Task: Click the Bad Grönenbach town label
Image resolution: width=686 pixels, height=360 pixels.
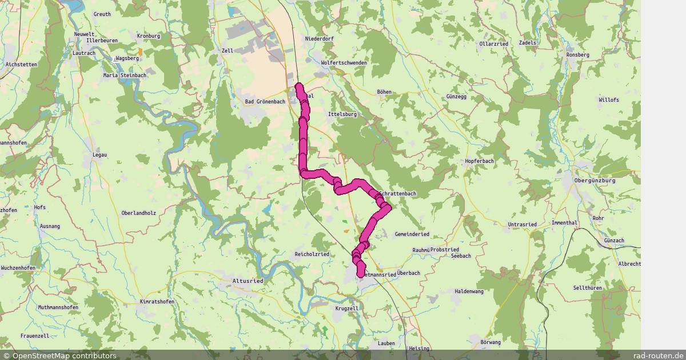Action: (x=265, y=102)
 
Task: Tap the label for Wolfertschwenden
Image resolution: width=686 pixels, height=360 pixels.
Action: (x=344, y=63)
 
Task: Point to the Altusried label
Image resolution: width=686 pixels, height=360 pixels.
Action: (x=248, y=281)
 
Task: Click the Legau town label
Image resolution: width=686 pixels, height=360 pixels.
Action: (x=101, y=155)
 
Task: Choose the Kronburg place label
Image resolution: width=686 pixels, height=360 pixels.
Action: (x=149, y=36)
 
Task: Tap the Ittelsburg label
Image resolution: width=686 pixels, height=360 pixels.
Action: (x=342, y=114)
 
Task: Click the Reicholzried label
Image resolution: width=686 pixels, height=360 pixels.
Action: (x=312, y=254)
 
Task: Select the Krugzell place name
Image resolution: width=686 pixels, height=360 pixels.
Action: (x=347, y=308)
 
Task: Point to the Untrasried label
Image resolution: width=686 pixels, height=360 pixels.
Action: (x=522, y=225)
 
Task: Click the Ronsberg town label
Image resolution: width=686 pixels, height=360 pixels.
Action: (x=577, y=55)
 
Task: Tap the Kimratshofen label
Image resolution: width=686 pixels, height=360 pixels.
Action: (x=157, y=301)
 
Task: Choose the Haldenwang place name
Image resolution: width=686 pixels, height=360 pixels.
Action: (x=469, y=291)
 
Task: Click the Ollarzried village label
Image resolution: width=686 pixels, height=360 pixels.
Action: (x=494, y=43)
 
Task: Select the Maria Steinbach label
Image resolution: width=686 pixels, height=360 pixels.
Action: (x=125, y=75)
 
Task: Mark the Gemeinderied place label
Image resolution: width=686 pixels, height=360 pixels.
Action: (x=412, y=234)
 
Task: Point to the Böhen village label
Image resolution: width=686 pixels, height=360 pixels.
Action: (x=384, y=91)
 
